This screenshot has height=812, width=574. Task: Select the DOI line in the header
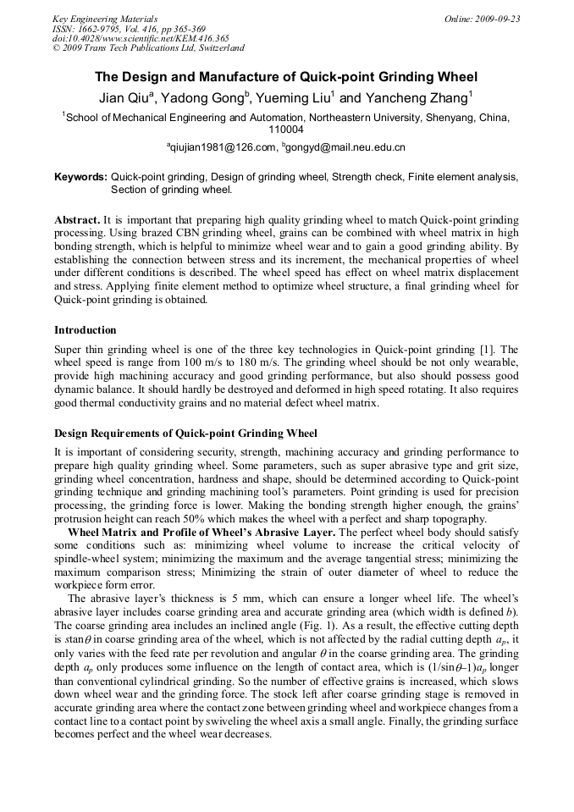[141, 38]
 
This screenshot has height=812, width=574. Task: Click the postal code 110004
[286, 130]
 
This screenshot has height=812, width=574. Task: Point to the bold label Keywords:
[80, 177]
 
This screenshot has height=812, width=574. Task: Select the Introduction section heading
[86, 330]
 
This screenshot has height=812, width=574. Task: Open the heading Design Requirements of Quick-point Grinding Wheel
[185, 434]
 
